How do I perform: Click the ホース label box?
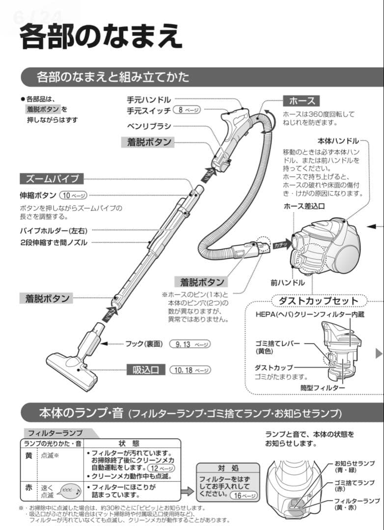tap(302, 101)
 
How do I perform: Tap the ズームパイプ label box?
tap(52, 179)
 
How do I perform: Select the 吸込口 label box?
tap(146, 370)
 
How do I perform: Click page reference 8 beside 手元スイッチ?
tap(187, 110)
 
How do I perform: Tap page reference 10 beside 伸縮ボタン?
tap(73, 195)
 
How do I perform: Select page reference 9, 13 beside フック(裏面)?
tap(189, 344)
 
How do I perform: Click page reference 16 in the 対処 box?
tap(243, 495)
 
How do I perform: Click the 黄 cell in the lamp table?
tap(28, 456)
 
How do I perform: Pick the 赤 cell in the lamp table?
tap(28, 487)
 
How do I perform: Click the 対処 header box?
tap(228, 468)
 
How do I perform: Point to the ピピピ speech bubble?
tap(71, 490)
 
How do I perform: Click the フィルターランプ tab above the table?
tap(55, 433)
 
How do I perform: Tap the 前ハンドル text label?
tap(287, 283)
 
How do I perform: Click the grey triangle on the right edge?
tap(379, 353)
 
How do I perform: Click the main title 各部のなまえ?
tap(101, 38)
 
